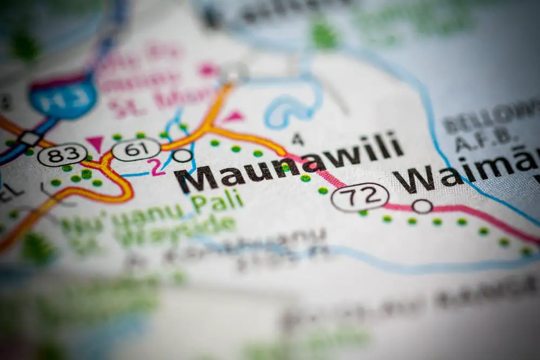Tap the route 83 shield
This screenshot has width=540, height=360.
(x=62, y=154)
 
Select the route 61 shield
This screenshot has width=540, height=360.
(x=136, y=149)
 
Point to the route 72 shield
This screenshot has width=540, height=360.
(x=360, y=196)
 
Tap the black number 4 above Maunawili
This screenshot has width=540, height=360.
(x=298, y=139)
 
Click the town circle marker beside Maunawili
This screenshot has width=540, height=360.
(x=183, y=155)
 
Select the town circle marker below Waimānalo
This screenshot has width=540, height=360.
(x=422, y=206)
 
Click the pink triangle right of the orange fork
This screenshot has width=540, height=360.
(x=233, y=116)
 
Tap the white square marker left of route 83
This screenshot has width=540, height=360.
(x=30, y=139)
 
